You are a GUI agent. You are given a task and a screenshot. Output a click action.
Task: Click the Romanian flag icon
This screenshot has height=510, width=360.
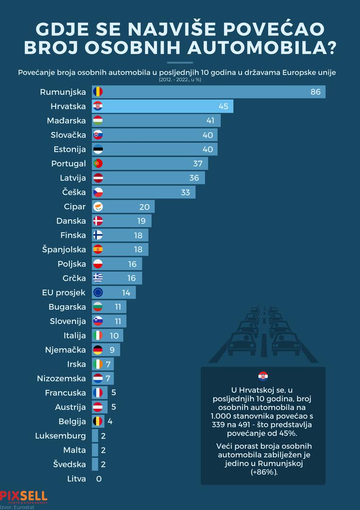[98, 92]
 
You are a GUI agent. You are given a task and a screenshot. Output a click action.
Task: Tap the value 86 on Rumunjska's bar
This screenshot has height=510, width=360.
[315, 92]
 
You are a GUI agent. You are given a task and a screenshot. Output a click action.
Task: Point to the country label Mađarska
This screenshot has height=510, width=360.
[67, 120]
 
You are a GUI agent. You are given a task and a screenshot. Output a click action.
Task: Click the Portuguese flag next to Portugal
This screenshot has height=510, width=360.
[98, 163]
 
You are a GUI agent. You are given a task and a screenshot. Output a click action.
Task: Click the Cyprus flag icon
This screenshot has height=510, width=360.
[98, 206]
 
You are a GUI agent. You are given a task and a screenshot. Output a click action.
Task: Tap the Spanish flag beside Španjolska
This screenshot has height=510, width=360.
[98, 249]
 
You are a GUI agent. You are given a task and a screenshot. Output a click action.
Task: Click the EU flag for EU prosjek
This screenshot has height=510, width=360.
[98, 292]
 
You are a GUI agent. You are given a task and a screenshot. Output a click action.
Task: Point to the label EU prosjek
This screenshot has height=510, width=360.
[64, 292]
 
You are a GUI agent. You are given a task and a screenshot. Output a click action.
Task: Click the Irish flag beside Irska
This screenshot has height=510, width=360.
[98, 364]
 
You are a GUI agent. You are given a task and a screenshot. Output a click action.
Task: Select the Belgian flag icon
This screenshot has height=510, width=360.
[98, 421]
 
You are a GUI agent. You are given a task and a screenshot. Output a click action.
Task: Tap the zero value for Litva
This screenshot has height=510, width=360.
[99, 479]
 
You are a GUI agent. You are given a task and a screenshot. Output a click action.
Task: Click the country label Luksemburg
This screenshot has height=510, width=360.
[60, 436]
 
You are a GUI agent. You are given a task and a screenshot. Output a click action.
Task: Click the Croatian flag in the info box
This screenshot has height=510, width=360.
[263, 376]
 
